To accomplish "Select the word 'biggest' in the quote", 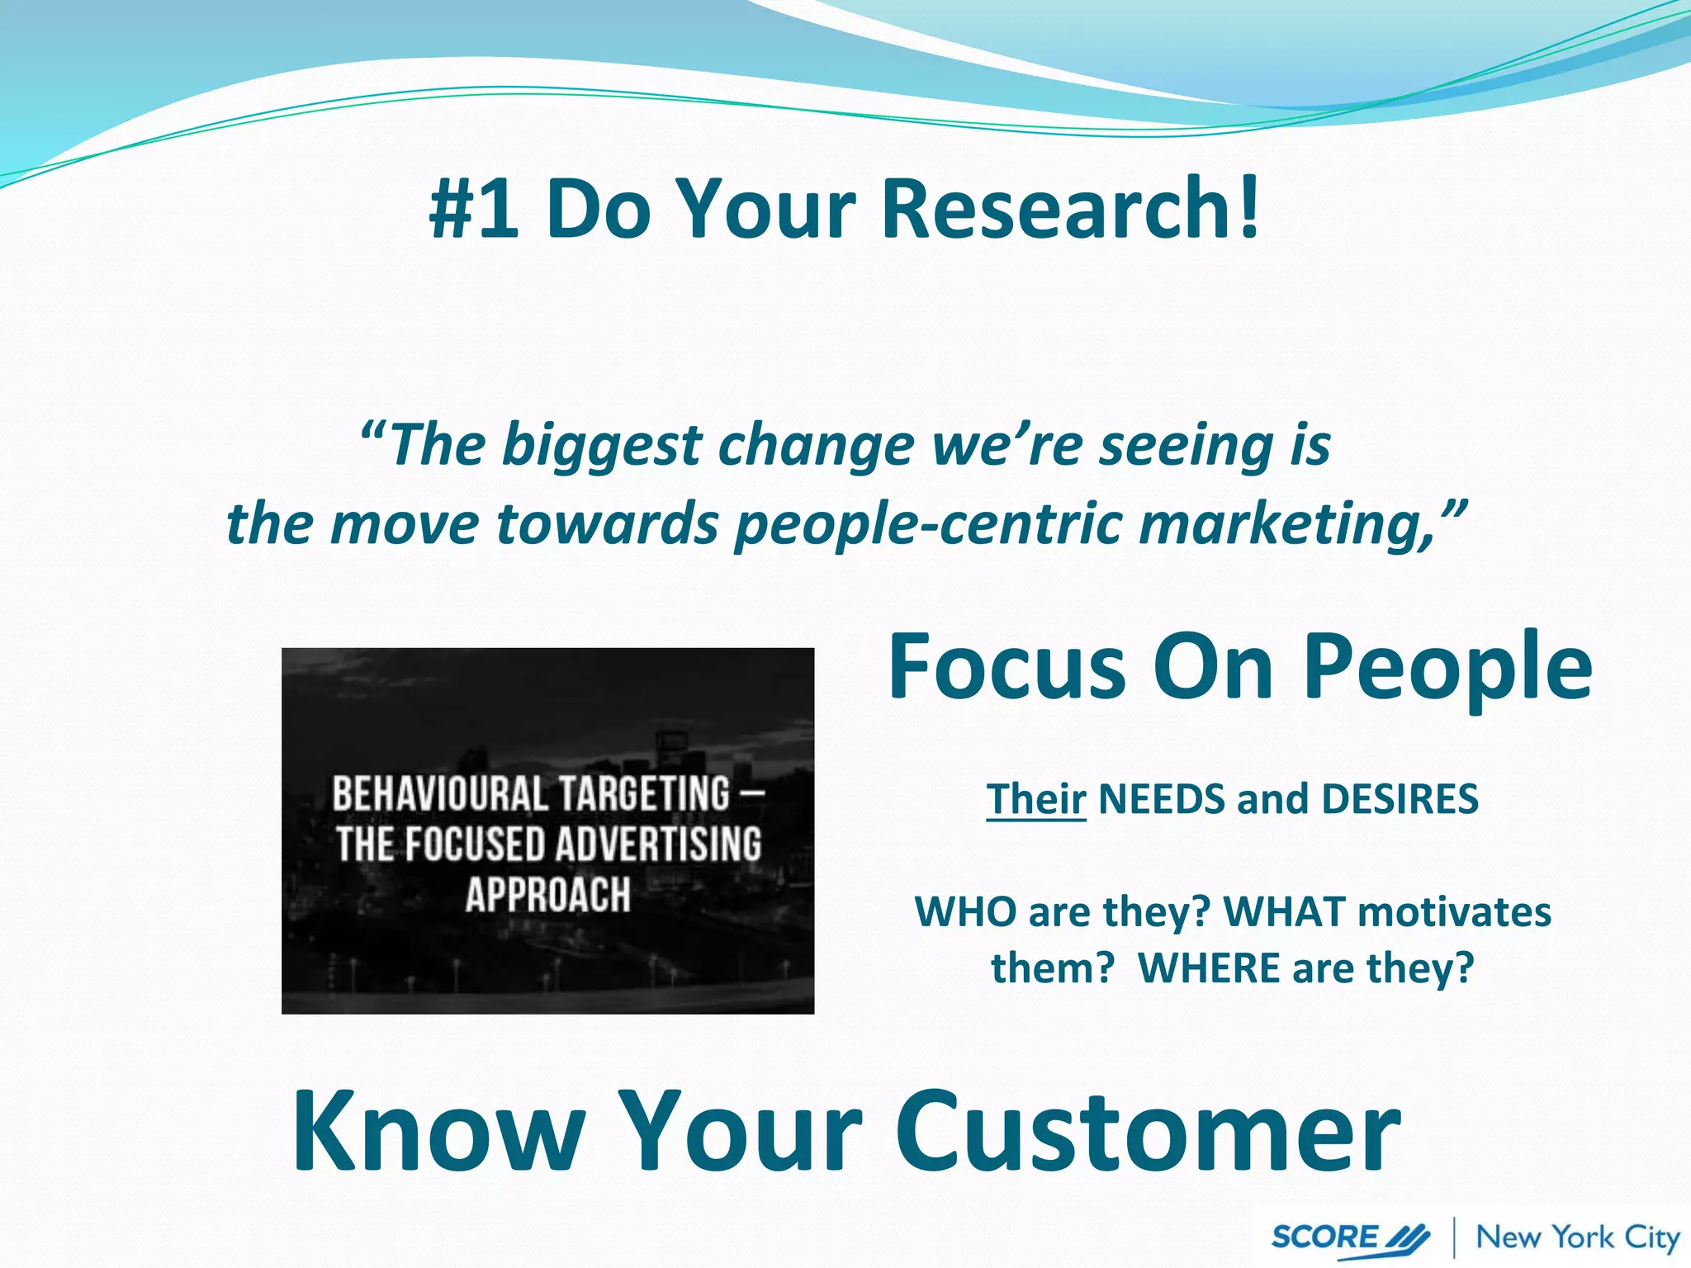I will coord(601,446).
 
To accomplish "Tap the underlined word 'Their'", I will coord(1035,799).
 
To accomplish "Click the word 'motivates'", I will coord(1454,912).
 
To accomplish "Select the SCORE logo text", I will coord(1324,1237).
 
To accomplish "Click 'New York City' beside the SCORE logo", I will coord(1578,1237).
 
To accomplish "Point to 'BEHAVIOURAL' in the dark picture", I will coord(440,793).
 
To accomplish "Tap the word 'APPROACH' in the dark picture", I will coord(547,895).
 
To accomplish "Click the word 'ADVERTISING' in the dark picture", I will coord(658,845).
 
